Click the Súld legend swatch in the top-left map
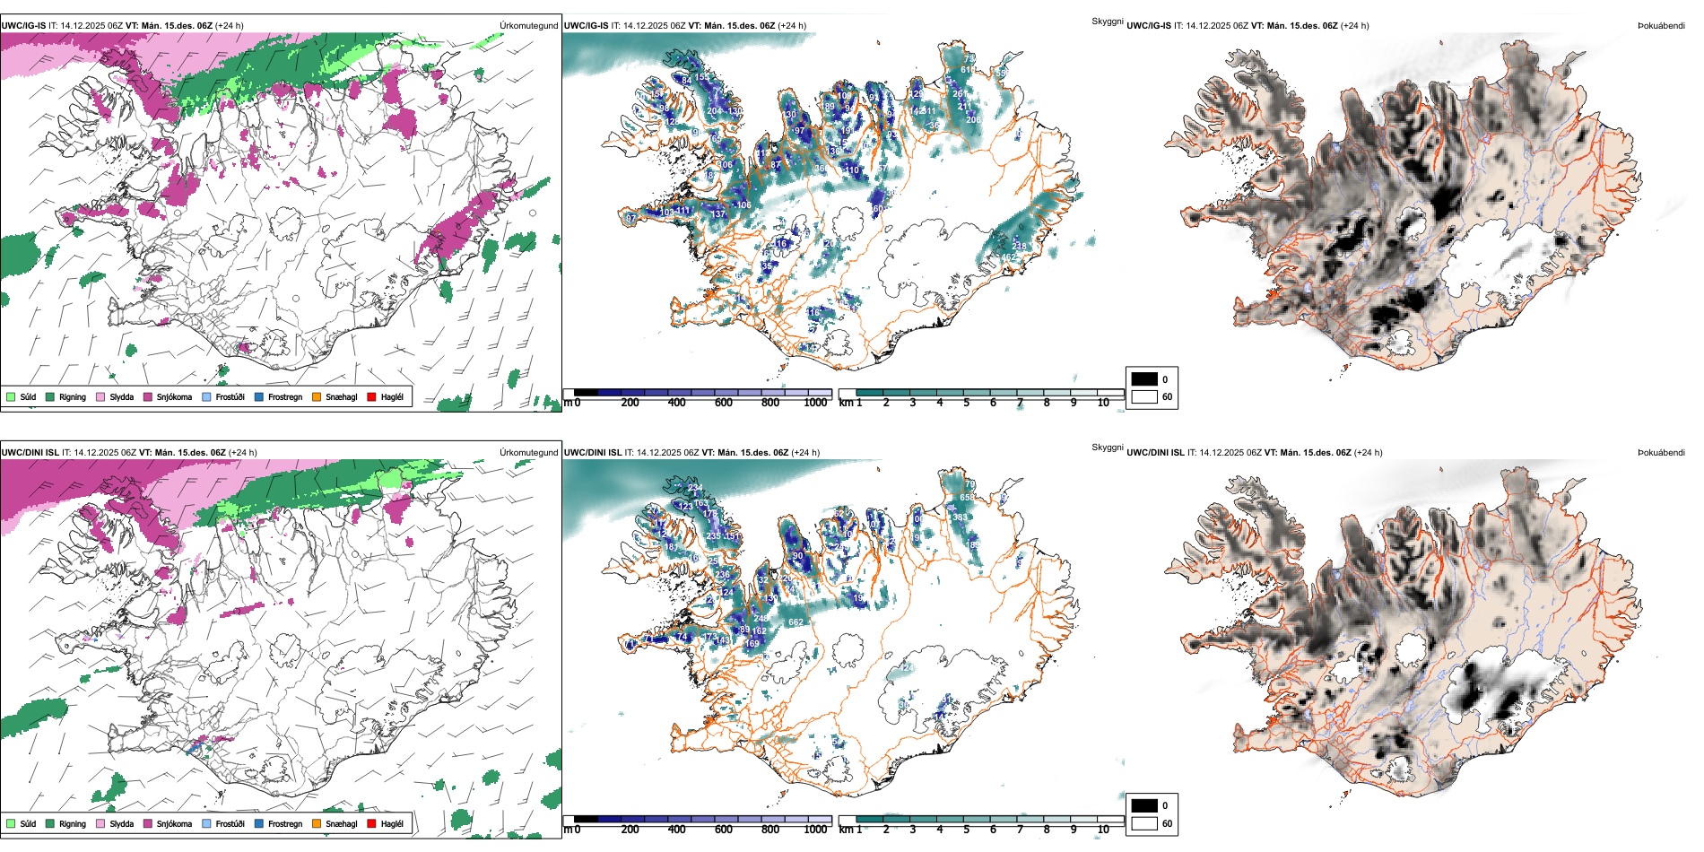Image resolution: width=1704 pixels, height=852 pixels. [11, 396]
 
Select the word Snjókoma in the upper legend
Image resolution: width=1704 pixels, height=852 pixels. [174, 397]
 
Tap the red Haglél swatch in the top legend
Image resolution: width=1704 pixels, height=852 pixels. [371, 396]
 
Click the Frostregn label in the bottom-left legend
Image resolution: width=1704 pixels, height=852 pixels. [284, 824]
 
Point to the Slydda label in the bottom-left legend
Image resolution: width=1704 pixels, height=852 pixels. [121, 824]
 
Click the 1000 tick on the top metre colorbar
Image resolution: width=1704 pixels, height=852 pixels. [815, 404]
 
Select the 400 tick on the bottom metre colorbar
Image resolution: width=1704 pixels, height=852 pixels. [677, 830]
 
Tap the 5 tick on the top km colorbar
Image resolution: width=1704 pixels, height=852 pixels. [966, 404]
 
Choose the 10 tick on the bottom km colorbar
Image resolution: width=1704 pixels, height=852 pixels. [1103, 830]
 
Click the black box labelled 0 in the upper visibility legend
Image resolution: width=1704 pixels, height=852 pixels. [1144, 379]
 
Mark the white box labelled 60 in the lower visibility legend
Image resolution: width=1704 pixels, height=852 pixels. [1144, 823]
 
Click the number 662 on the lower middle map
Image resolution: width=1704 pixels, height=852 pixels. [795, 622]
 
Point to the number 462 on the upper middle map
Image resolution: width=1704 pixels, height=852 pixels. [1009, 258]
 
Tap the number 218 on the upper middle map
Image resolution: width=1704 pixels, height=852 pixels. [1019, 246]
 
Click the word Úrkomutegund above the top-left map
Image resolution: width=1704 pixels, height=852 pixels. [528, 26]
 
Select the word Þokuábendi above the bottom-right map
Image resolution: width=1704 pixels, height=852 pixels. [1661, 453]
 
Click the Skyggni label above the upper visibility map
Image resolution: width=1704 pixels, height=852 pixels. [1107, 21]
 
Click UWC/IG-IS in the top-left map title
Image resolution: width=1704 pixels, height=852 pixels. [23, 26]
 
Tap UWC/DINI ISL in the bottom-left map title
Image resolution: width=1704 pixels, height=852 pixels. [30, 453]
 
